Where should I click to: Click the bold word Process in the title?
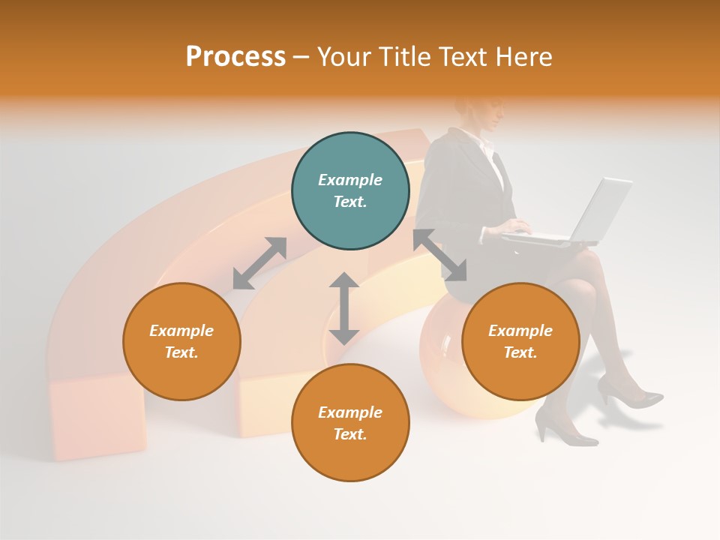coord(235,57)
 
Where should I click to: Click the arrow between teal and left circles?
coord(259,263)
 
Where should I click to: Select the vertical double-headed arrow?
coord(344,308)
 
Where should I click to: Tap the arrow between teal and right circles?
coord(439,255)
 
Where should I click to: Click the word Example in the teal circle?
coord(350,180)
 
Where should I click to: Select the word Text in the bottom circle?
coord(349,434)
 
